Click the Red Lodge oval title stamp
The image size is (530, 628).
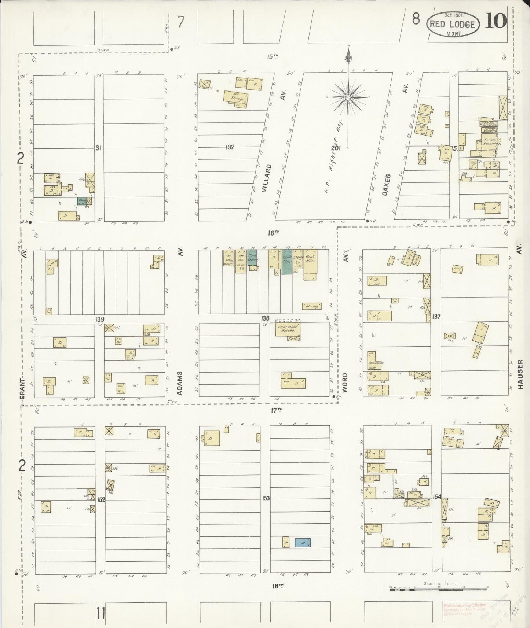pos(453,24)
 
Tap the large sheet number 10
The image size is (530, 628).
pos(496,21)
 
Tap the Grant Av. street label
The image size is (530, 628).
pos(23,389)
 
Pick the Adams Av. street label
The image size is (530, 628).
pos(180,383)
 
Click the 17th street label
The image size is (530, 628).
pos(277,410)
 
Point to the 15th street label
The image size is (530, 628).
pos(273,56)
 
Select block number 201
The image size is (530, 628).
pos(336,148)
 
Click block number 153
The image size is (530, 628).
pos(266,498)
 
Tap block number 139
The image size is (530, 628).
pos(99,319)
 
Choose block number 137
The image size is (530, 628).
pos(436,316)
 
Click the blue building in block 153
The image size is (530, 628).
pos(303,543)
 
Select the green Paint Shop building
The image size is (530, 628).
pos(287,262)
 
